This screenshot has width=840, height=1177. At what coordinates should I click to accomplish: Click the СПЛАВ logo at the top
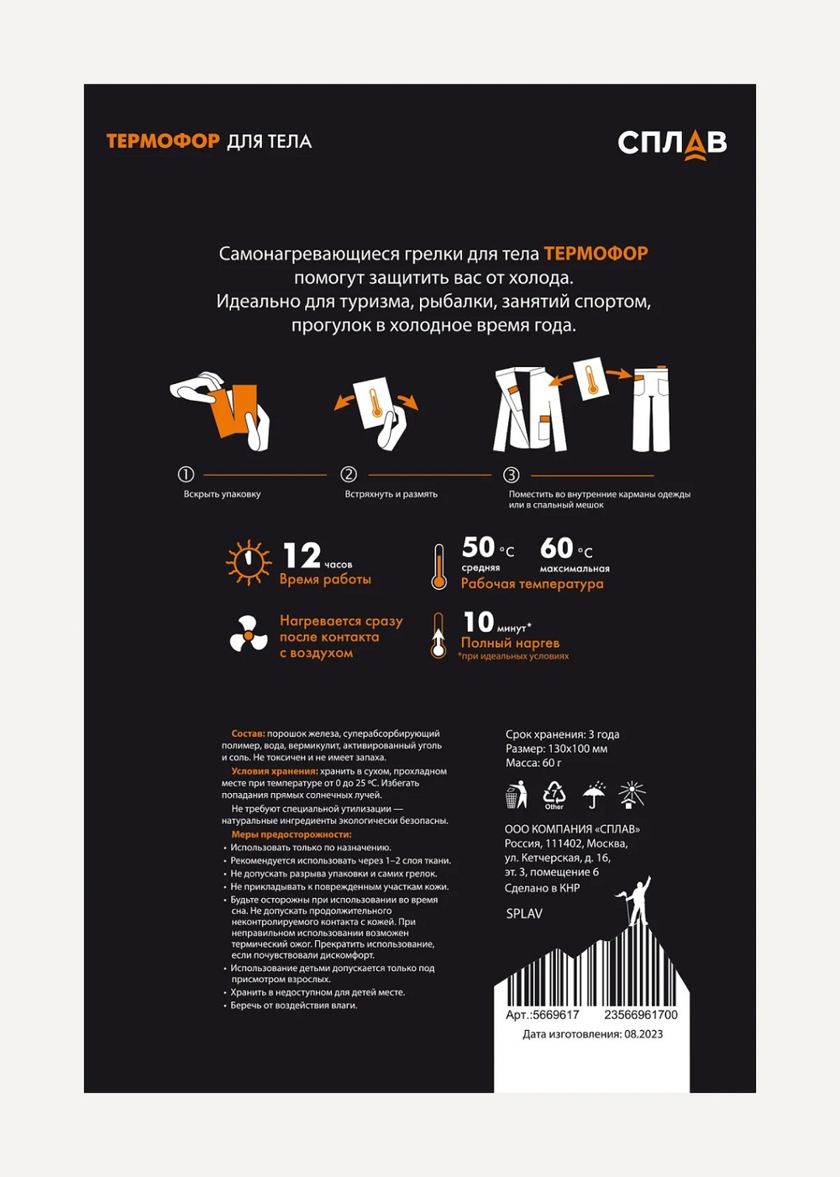point(672,144)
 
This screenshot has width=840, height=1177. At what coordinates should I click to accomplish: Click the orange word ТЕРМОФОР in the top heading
point(163,141)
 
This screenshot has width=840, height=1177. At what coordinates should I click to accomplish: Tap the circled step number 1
point(186,475)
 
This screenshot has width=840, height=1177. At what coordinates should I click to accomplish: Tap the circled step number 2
point(349,475)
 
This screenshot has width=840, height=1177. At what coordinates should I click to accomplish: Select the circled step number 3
point(511,475)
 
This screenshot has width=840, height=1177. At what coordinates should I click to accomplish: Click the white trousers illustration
point(651,409)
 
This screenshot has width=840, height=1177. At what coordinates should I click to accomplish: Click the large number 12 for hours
point(302,556)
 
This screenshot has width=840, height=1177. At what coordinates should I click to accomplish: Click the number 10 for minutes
point(479,623)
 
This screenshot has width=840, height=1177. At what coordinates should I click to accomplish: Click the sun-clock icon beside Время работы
point(249,561)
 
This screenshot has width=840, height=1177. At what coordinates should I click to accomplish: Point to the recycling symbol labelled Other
point(554,794)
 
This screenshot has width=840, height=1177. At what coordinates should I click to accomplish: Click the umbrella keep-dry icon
point(594,794)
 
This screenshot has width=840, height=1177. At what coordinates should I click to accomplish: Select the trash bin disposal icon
point(516,794)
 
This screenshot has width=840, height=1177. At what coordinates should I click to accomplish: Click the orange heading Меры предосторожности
point(291,834)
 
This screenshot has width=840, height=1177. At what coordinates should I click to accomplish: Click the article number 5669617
point(555,1015)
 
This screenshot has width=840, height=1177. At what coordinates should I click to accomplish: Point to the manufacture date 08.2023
point(643,1034)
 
